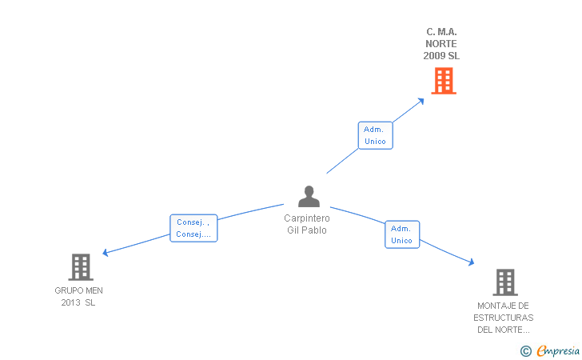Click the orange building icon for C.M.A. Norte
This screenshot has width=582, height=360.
pyautogui.click(x=444, y=81)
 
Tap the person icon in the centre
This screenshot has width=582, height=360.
pyautogui.click(x=309, y=196)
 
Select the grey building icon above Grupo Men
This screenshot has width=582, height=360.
pyautogui.click(x=80, y=266)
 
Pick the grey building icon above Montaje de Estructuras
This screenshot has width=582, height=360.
pyautogui.click(x=504, y=282)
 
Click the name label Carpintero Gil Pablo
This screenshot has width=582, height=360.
pyautogui.click(x=307, y=224)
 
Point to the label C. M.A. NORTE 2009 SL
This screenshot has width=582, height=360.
pyautogui.click(x=441, y=44)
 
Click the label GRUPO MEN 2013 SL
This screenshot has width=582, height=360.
pyautogui.click(x=78, y=296)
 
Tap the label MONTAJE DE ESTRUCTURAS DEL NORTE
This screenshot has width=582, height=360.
pyautogui.click(x=504, y=318)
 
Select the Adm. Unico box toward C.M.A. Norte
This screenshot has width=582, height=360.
pyautogui.click(x=374, y=135)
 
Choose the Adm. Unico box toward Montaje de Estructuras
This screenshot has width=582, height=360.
pyautogui.click(x=402, y=234)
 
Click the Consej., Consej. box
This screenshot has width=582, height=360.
pyautogui.click(x=193, y=228)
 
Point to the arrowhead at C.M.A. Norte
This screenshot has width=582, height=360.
pyautogui.click(x=421, y=101)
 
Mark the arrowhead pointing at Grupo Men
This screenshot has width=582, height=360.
pyautogui.click(x=106, y=253)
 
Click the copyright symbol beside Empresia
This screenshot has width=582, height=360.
pyautogui.click(x=525, y=350)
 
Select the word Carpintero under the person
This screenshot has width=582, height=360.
pyautogui.click(x=307, y=218)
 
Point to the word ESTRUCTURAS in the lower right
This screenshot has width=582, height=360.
pyautogui.click(x=504, y=318)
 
